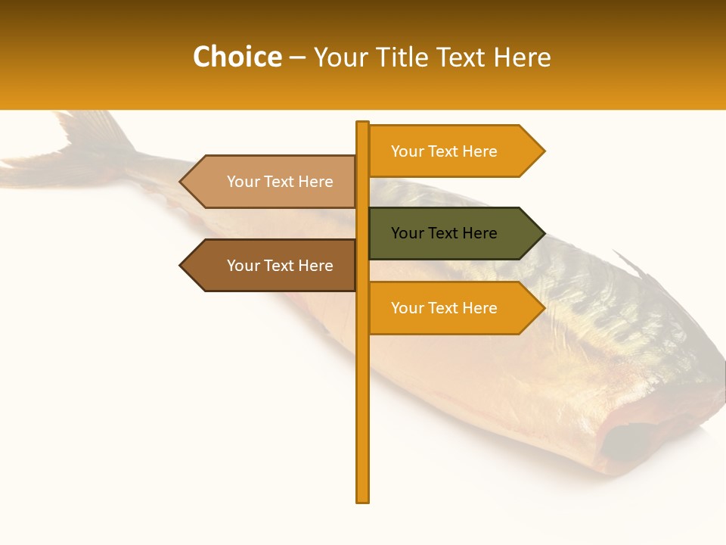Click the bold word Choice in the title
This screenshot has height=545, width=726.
237,58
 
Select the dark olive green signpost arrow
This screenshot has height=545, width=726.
446,233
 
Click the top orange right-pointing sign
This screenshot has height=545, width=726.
446,151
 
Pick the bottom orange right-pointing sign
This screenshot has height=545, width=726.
446,308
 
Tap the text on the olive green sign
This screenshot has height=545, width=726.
444,233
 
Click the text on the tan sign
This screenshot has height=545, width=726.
280,182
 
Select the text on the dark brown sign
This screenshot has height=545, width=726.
280,266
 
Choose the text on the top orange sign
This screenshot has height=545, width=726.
444,151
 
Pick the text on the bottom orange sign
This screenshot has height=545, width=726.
444,308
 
